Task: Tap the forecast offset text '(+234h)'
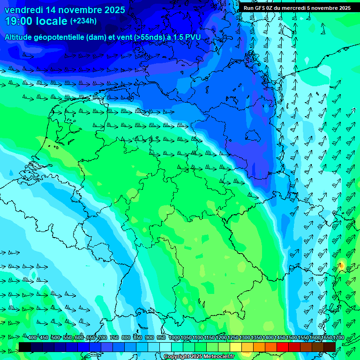click(83, 21)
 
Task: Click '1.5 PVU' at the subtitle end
click(187, 37)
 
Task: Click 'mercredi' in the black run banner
click(297, 8)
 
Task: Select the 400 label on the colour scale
click(32, 337)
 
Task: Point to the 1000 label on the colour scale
click(174, 337)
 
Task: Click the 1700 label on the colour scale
click(326, 337)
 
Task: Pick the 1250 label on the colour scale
click(233, 337)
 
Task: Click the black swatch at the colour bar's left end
click(25, 347)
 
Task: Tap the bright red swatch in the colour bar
click(283, 347)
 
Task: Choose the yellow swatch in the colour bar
click(236, 347)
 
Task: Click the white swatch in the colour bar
click(165, 347)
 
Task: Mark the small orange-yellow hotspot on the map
click(342, 266)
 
